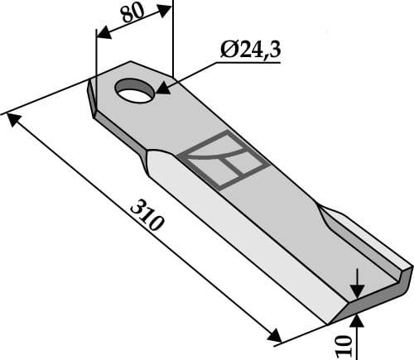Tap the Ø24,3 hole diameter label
tap(250, 50)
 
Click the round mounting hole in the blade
tap(136, 90)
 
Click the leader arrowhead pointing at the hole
tap(163, 85)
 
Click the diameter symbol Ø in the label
tap(229, 50)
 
